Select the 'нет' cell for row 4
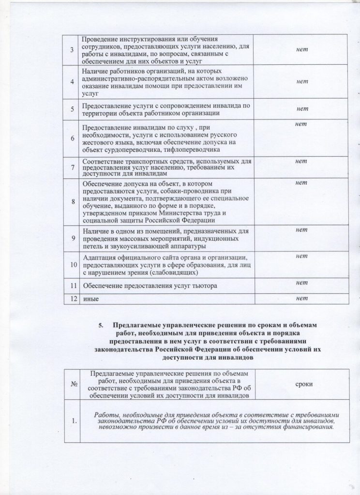pyautogui.click(x=302, y=82)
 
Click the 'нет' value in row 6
pyautogui.click(x=302, y=126)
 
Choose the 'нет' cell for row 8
pyautogui.click(x=302, y=182)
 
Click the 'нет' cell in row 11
pyautogui.click(x=302, y=282)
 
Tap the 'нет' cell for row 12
pyautogui.click(x=302, y=299)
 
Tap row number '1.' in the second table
pyautogui.click(x=75, y=422)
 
